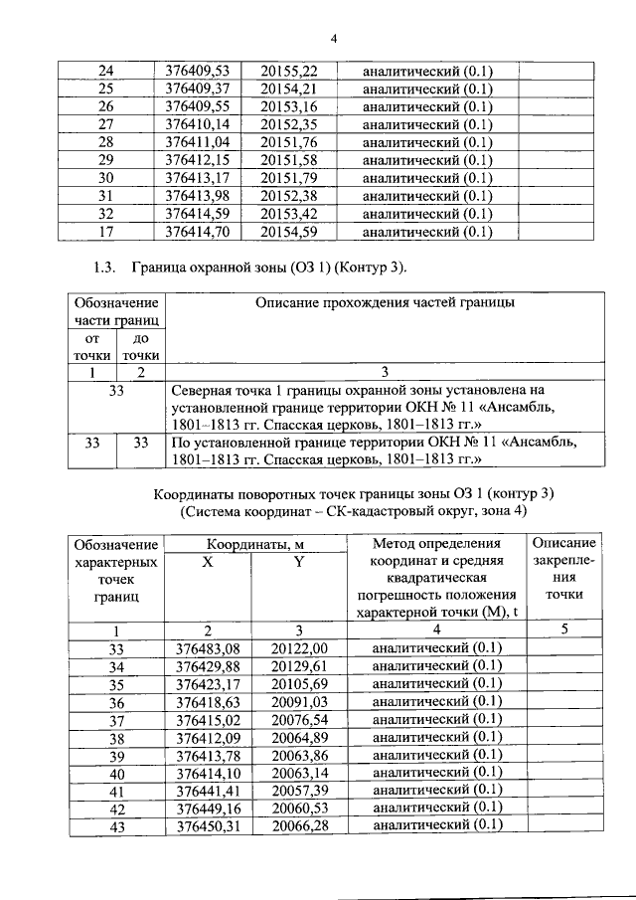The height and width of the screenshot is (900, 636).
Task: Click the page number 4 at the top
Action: point(334,39)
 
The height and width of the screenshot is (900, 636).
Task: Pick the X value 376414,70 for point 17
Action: point(196,233)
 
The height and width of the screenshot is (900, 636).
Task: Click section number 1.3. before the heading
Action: point(103,267)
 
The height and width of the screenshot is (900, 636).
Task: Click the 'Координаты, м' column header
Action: point(253,544)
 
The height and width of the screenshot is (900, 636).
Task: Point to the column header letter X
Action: point(208,562)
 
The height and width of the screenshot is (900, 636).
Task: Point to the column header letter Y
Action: point(298,562)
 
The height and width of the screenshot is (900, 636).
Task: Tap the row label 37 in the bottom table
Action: point(115,720)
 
